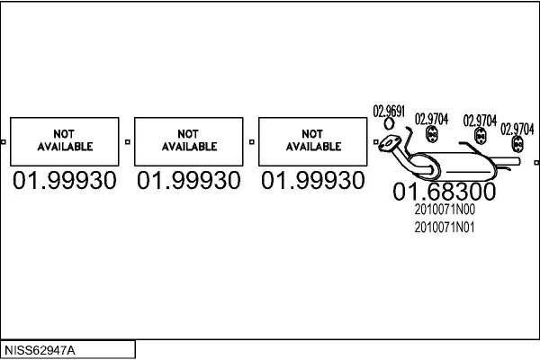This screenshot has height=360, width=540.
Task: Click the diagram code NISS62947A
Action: pos(40,350)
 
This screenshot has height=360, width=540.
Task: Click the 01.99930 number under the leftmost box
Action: pos(65,180)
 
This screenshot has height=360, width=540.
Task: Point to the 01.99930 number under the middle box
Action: pos(189,180)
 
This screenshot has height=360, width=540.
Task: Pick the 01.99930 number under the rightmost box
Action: pos(312,180)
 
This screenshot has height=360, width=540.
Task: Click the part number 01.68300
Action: pos(445,192)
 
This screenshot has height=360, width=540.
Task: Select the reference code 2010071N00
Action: pos(445,210)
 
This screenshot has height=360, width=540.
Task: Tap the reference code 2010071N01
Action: pos(445,228)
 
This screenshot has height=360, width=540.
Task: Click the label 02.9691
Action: pos(389,112)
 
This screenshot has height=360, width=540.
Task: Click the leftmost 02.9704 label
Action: pos(431,119)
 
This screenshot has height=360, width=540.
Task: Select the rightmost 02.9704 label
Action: pos(517,130)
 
